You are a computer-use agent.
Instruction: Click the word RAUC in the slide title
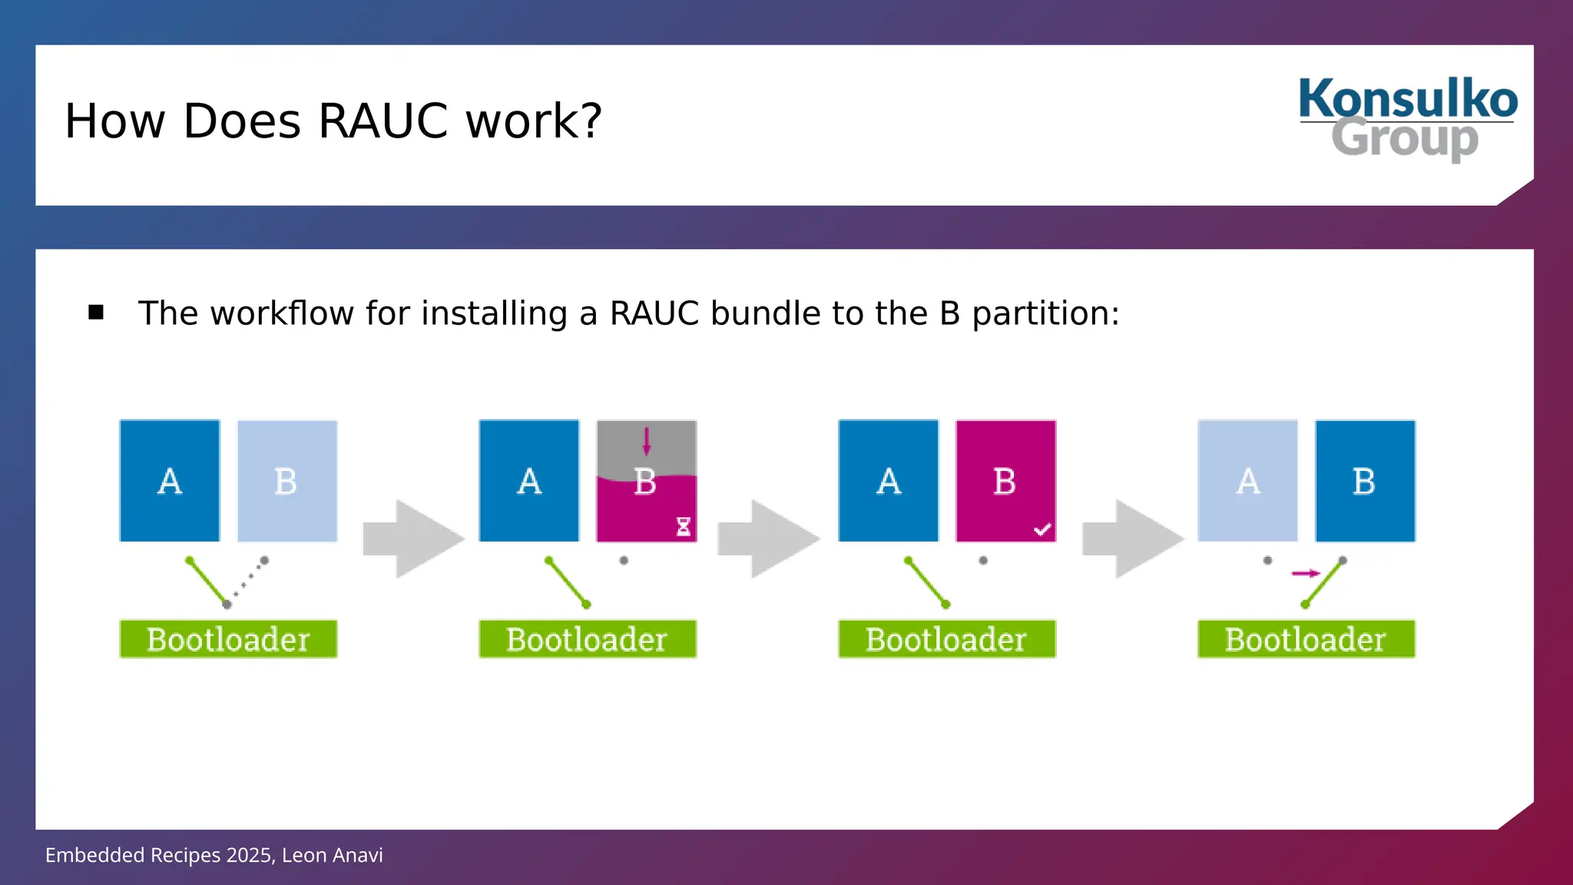tap(382, 121)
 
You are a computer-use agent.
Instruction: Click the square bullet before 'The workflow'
tap(96, 312)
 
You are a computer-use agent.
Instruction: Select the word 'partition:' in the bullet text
tap(1045, 313)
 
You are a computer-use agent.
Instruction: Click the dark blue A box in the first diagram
tap(170, 481)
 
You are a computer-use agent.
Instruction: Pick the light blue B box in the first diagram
tap(287, 481)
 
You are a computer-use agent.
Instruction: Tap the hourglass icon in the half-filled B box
tap(683, 526)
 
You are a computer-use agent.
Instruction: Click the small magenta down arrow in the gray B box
tap(647, 441)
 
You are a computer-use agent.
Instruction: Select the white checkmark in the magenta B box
tap(1042, 529)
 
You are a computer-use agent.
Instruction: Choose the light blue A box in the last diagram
tap(1247, 481)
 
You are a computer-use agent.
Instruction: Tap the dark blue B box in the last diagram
tap(1365, 481)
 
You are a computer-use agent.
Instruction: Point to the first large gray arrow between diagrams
tap(413, 539)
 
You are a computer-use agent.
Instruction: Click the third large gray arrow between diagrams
tap(1133, 539)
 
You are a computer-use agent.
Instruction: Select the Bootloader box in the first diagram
tap(228, 639)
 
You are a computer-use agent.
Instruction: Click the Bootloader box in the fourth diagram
tap(1306, 639)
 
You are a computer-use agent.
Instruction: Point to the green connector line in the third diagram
tap(927, 582)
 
